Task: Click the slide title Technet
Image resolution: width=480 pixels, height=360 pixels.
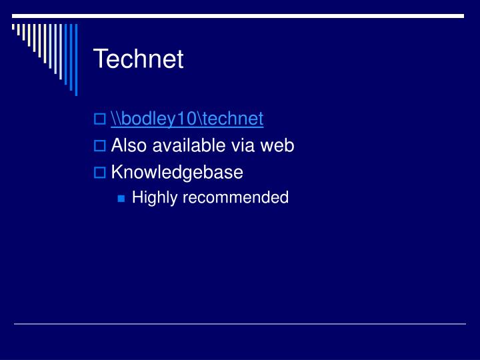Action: tap(138, 59)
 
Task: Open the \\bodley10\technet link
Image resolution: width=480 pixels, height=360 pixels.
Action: tap(187, 119)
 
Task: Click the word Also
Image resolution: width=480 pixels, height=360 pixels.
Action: tap(127, 145)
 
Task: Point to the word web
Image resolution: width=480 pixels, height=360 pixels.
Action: tap(278, 145)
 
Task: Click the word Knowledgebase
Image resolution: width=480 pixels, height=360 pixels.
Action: tap(177, 173)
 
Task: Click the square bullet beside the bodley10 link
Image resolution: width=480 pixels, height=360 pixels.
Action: tap(99, 119)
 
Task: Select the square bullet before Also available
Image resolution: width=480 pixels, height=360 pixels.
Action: tap(99, 146)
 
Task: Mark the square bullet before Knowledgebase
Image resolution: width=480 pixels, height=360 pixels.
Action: tap(99, 173)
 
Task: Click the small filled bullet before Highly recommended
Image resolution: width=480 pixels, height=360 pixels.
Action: tap(121, 198)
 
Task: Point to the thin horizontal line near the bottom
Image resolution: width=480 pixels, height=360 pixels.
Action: tap(240, 324)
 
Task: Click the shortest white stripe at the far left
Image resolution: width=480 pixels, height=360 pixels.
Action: tap(14, 28)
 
